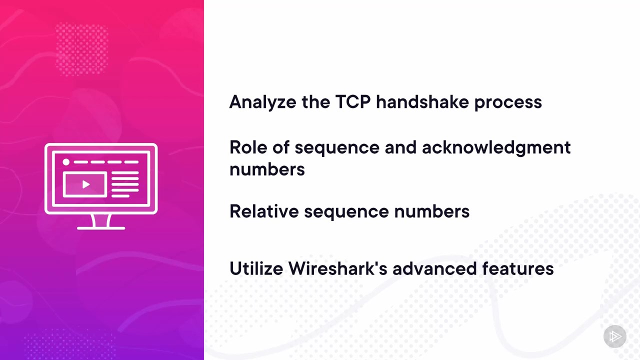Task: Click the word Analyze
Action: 262,102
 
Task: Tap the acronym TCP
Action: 353,101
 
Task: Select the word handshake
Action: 422,101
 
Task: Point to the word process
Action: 508,103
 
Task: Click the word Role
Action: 248,147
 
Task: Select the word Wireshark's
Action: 337,268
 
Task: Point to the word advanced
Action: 434,268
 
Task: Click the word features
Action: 517,268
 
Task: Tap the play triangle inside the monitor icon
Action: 85,184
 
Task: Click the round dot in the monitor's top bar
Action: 66,162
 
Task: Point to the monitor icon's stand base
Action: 101,228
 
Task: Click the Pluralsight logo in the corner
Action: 615,336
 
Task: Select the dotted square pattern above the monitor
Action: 81,49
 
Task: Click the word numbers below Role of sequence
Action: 267,169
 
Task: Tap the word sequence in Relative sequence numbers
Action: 346,212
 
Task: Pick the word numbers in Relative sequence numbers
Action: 431,211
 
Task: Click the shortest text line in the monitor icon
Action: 120,196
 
